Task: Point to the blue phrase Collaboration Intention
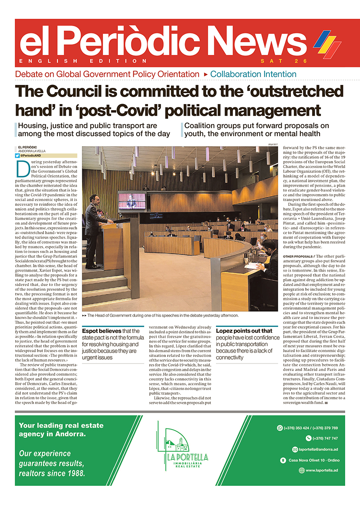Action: click(253, 74)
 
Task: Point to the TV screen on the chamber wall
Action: click(132, 201)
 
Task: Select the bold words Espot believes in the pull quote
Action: click(97, 331)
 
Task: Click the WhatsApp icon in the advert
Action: click(280, 428)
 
